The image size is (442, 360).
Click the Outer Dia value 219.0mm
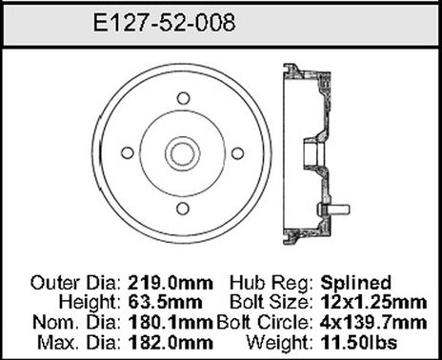point(160,282)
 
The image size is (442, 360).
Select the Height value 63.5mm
point(154,302)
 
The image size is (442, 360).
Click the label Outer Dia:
point(73,282)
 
